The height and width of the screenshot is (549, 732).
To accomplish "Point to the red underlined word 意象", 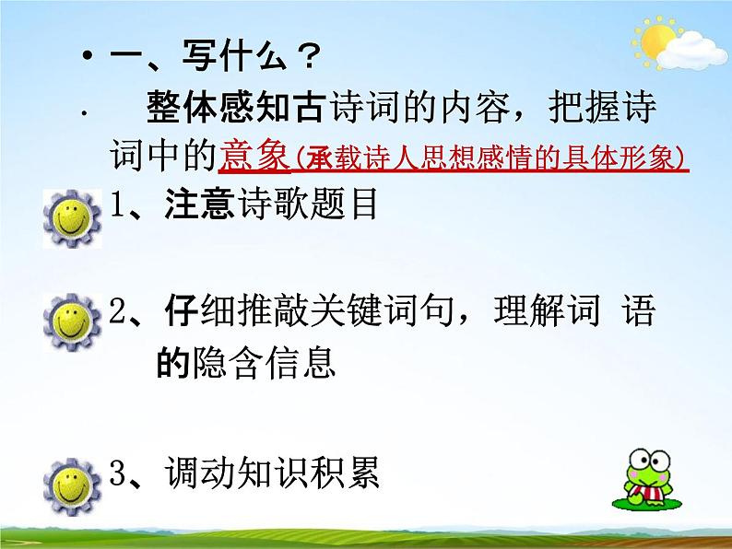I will coord(254,158).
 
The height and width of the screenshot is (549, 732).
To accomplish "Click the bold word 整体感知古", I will coord(234,109).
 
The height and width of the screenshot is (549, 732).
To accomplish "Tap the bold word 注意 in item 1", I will coord(198,204).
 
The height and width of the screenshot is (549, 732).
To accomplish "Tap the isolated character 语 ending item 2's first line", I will coord(638,313).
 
